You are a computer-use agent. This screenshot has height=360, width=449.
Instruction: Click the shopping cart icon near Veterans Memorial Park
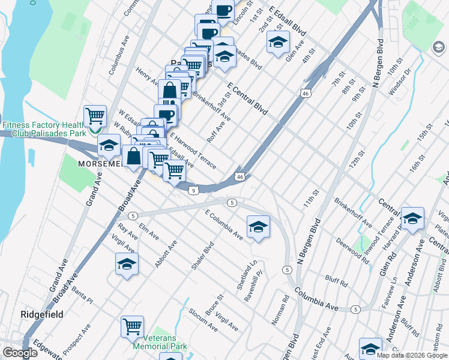pyautogui.click(x=132, y=327)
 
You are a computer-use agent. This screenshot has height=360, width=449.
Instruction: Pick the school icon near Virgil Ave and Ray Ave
pyautogui.click(x=127, y=264)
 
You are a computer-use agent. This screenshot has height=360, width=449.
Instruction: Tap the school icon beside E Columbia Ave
pyautogui.click(x=258, y=226)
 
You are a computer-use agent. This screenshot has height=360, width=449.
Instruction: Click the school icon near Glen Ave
pyautogui.click(x=278, y=42)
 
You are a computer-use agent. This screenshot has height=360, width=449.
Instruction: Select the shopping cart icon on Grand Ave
pyautogui.click(x=95, y=115)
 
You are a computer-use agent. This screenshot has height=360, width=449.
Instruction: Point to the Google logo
pyautogui.click(x=20, y=352)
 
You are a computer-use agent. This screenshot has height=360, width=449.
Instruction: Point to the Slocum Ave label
pyautogui.click(x=203, y=320)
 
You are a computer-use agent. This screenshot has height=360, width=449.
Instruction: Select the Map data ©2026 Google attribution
pyautogui.click(x=412, y=355)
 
